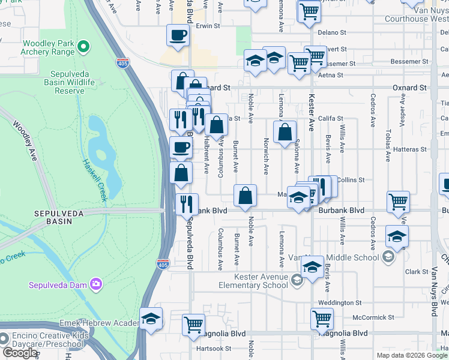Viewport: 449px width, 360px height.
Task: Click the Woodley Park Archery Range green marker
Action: pos(83,46)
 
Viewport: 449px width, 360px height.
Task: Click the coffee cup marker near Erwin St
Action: pos(178,35)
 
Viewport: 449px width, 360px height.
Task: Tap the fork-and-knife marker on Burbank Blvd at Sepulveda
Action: pos(187,203)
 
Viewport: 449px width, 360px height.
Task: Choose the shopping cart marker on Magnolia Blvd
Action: pos(193,325)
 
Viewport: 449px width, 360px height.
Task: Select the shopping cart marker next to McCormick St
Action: pos(322,319)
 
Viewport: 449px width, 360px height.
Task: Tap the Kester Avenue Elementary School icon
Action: pos(296,280)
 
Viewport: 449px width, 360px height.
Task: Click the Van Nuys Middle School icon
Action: pos(388,257)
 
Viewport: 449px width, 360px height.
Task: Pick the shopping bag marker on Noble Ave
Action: pos(246,196)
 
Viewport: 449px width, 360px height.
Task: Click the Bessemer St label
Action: pos(409,61)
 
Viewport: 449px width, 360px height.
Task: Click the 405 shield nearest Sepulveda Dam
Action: pos(163,263)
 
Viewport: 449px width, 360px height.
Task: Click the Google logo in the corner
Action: pos(20,353)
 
